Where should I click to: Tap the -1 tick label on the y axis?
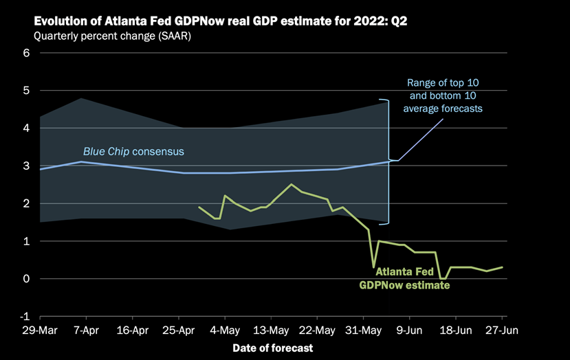25,317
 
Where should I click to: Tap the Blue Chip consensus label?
133,151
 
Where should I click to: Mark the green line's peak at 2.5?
292,184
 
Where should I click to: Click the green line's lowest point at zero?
442,278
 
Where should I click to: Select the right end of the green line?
502,267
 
